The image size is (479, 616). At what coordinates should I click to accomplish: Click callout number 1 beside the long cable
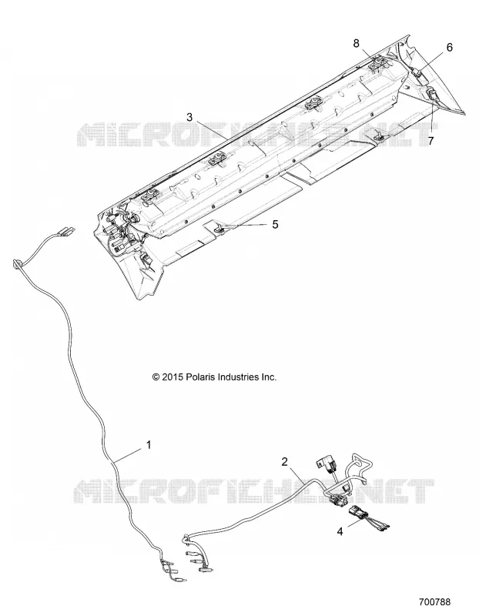(x=149, y=445)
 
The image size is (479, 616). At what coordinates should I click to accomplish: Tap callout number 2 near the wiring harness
(x=285, y=461)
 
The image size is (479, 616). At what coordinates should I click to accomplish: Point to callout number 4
(x=340, y=531)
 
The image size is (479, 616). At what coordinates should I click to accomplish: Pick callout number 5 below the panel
(x=275, y=224)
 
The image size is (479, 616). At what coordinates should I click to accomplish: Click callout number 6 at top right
(x=449, y=47)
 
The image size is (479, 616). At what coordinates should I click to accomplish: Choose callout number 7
(x=431, y=140)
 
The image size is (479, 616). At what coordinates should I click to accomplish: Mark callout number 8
(x=356, y=43)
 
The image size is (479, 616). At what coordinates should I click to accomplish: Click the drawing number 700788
(x=434, y=601)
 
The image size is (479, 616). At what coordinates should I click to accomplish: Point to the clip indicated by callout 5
(x=219, y=227)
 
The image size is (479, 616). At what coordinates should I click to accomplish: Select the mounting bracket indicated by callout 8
(x=377, y=63)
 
